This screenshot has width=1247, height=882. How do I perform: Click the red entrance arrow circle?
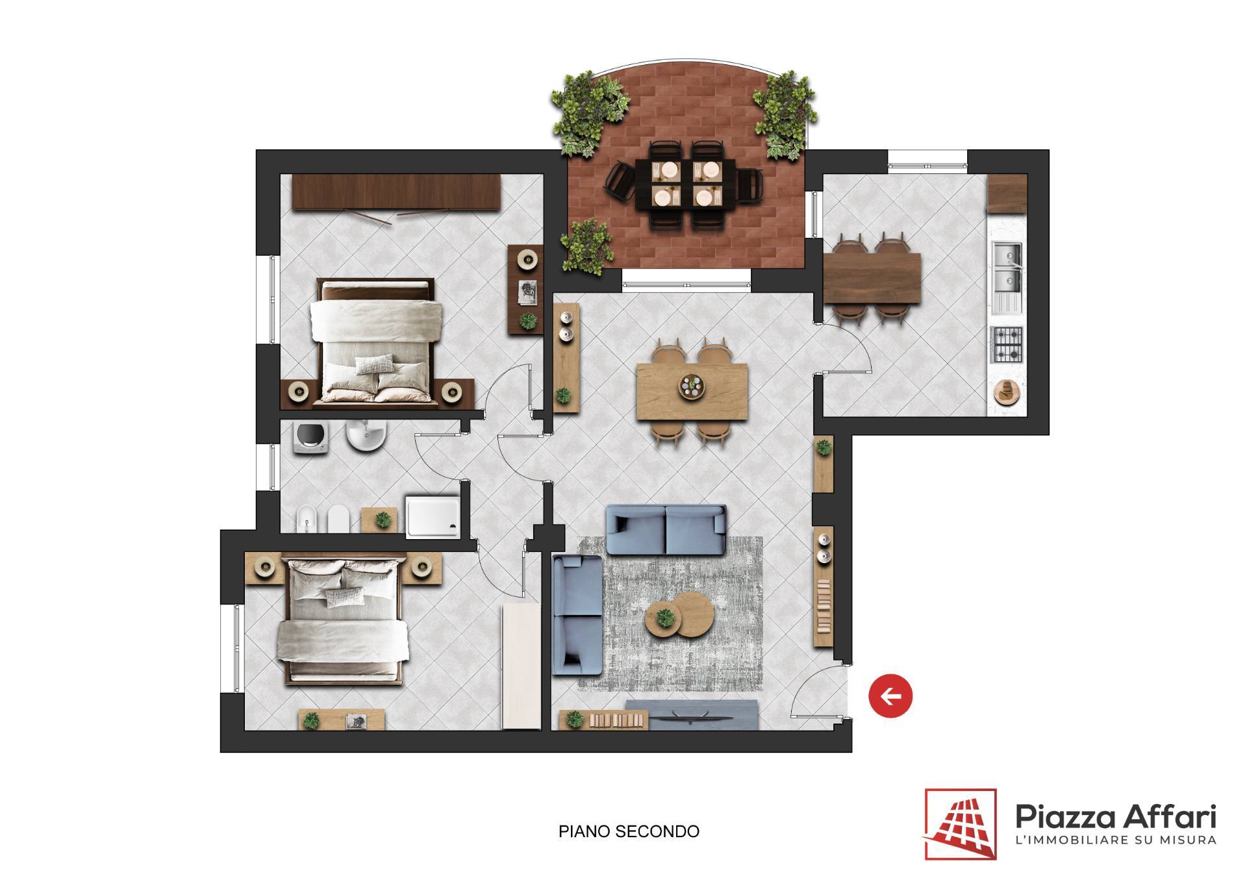pos(890,696)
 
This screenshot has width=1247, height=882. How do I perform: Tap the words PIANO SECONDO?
pos(629,831)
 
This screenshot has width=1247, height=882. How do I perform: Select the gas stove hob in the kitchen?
pos(1007,344)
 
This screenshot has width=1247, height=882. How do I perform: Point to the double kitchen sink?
pos(1007,268)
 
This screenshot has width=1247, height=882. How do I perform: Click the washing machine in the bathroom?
pos(306,438)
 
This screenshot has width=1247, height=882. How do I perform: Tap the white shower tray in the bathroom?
pos(433,516)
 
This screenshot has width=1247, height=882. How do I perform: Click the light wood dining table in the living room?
pos(692,392)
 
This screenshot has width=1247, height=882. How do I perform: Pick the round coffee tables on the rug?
pos(679,612)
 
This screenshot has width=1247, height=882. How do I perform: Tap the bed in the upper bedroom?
pos(375,343)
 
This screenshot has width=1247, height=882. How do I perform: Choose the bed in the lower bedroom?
pos(343,621)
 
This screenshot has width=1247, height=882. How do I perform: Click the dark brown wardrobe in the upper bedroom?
pos(396,192)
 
